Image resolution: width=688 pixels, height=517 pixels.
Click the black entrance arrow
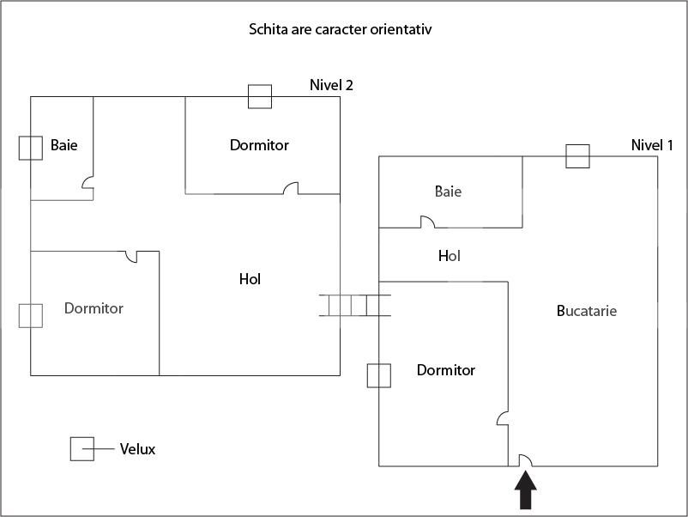pos(525,492)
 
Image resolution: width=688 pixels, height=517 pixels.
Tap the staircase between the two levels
pos(354,305)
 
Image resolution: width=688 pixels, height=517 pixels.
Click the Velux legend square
pos(82,449)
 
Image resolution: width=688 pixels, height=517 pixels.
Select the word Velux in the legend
pos(137,449)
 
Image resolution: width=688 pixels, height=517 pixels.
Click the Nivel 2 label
pos(331,85)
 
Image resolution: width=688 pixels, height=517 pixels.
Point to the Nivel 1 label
pos(652,145)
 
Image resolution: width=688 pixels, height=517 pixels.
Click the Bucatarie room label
pos(587,311)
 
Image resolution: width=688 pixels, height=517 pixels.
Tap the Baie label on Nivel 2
pos(63,145)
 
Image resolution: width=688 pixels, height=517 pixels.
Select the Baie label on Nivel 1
pos(448,192)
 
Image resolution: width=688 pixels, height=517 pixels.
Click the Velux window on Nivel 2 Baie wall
pos(31,148)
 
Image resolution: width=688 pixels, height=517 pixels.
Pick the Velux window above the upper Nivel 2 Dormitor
pos(260,96)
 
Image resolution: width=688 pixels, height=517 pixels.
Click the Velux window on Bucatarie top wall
pos(577,156)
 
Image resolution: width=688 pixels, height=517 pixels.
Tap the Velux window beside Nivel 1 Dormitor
pos(379,375)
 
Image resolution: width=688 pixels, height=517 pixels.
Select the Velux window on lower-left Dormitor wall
pos(31,315)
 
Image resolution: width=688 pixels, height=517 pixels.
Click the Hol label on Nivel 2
pos(250,279)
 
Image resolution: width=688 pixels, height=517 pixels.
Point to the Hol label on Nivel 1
pos(450,256)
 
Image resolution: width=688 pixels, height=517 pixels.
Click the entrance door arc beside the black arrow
pos(525,459)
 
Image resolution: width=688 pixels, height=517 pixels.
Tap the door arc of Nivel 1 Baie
pos(426,222)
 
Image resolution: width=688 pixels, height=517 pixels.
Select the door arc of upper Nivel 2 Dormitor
pos(291,187)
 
